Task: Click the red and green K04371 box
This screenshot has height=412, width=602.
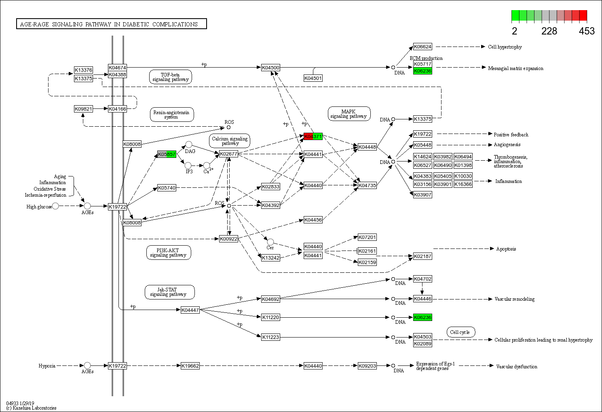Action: [x=313, y=136]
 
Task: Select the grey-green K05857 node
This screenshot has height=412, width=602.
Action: [x=167, y=154]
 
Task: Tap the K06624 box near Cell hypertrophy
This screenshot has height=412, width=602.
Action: [x=422, y=47]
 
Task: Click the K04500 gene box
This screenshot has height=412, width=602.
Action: [x=270, y=68]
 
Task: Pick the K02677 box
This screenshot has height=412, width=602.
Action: [x=228, y=154]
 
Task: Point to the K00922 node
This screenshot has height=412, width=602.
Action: [x=228, y=239]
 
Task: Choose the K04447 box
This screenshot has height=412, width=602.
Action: [x=190, y=310]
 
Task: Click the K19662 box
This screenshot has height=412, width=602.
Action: [x=190, y=366]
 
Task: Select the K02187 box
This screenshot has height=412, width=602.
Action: [x=422, y=256]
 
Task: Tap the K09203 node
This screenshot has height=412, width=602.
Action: [x=367, y=366]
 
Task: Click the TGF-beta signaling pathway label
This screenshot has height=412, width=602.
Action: [x=170, y=77]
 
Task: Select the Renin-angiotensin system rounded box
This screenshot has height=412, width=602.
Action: [x=171, y=115]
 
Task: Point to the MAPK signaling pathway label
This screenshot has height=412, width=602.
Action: [x=349, y=114]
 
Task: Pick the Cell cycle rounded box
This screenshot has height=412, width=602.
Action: [x=460, y=332]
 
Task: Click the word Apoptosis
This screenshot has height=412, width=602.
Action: [x=506, y=249]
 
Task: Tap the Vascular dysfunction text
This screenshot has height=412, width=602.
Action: [x=516, y=367]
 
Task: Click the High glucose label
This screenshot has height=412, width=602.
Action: [x=39, y=207]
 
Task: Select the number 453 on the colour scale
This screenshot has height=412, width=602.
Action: [x=586, y=31]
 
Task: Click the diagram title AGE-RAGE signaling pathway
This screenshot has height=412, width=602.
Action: [x=111, y=24]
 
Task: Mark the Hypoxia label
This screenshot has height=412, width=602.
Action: [x=47, y=366]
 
